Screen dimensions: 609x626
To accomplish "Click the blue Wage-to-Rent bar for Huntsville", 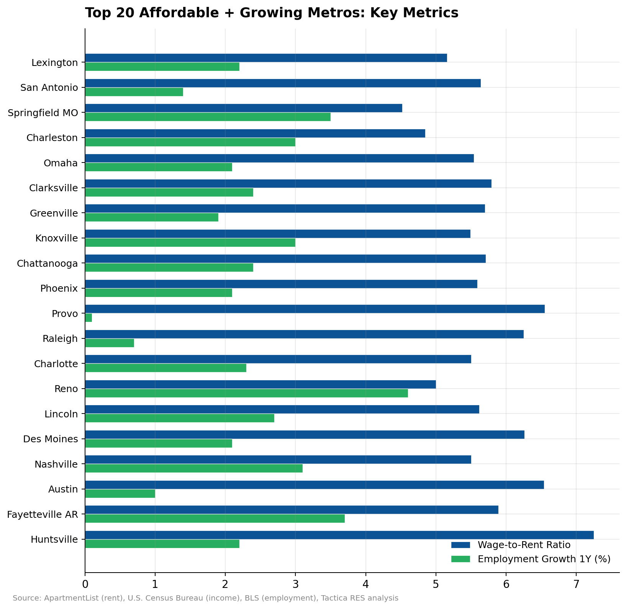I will tap(339, 535).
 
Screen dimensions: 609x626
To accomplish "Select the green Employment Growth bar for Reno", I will tap(246, 393).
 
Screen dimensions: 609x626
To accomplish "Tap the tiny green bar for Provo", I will tap(88, 318).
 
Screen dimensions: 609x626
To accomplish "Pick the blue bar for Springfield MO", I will tap(243, 108).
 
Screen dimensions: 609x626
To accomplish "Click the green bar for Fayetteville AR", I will tap(215, 519).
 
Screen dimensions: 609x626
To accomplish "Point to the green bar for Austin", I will tap(120, 494).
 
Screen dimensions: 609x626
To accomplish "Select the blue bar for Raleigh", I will tap(304, 334).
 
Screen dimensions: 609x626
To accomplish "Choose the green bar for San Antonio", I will tap(134, 92).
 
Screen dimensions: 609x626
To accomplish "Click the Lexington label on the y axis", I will tap(55, 62).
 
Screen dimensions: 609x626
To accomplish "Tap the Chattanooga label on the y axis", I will tap(48, 263).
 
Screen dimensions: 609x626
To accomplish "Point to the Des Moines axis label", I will tap(51, 439).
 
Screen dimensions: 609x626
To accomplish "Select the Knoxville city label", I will tap(56, 238).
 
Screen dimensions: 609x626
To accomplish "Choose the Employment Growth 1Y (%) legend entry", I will tap(544, 559).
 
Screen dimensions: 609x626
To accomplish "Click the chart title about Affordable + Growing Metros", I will tap(272, 13).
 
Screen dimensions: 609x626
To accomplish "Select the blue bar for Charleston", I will tap(255, 133).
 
